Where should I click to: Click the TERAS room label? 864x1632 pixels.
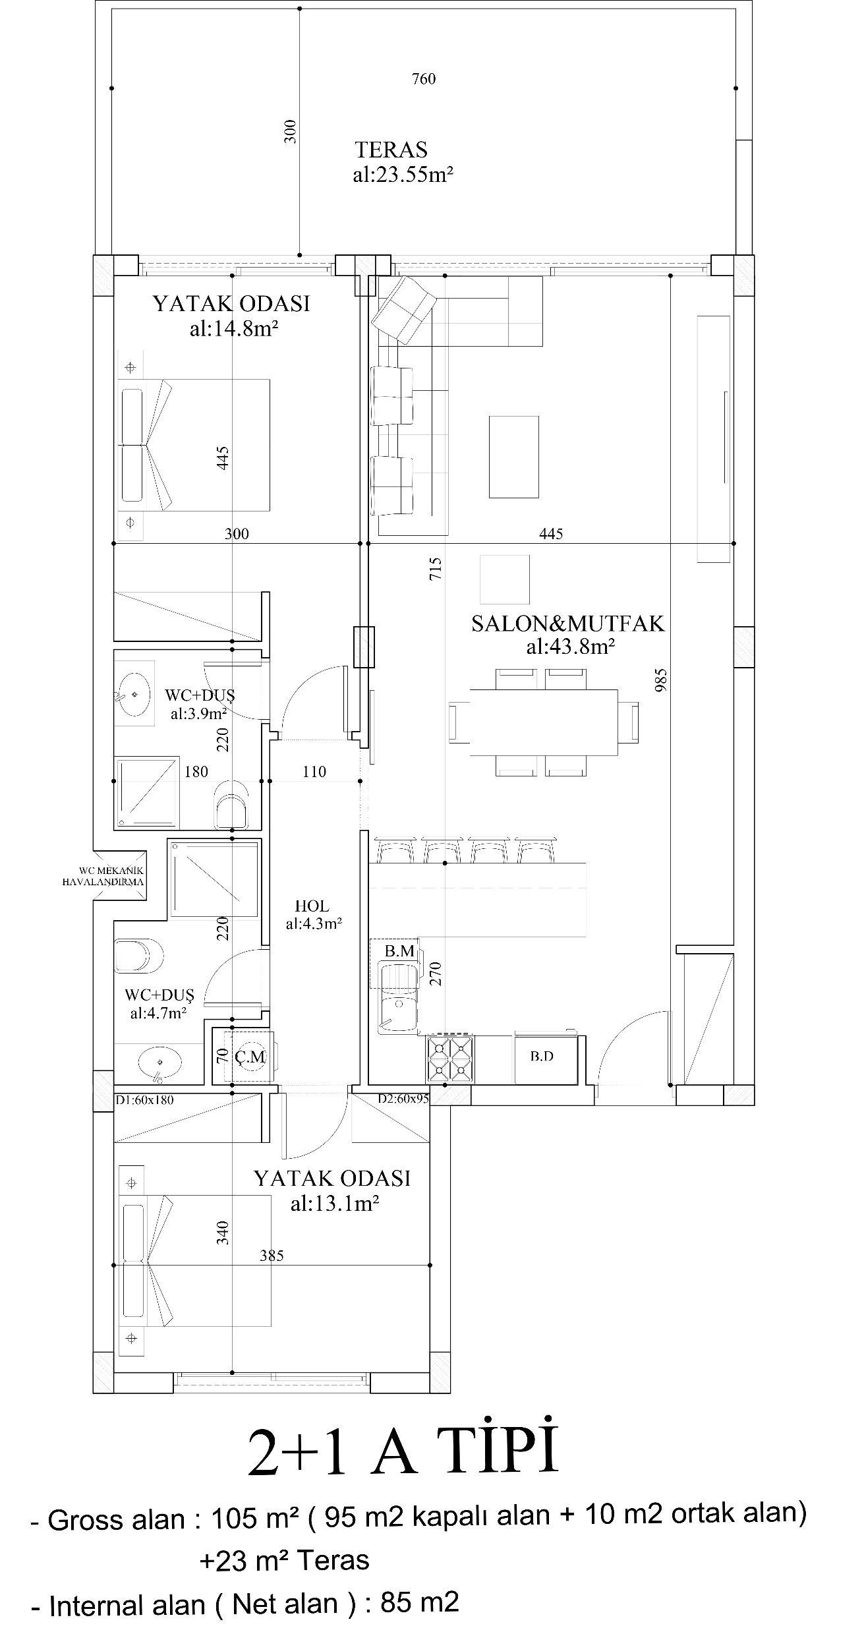[391, 150]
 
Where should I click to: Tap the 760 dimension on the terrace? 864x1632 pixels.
[424, 79]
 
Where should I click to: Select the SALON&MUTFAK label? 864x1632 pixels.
[567, 624]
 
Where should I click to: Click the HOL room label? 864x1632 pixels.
[312, 907]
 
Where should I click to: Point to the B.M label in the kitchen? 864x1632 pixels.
[399, 951]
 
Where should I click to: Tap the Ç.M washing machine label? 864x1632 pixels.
[250, 1057]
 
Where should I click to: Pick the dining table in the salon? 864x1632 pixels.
[544, 722]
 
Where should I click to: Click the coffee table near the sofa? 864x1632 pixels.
[513, 456]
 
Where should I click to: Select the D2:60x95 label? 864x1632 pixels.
[403, 1099]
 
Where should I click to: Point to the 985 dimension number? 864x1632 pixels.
[662, 680]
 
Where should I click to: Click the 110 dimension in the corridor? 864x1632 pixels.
[314, 772]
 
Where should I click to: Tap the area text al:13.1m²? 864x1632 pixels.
[334, 1204]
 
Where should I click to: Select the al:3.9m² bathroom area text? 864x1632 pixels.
[198, 713]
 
